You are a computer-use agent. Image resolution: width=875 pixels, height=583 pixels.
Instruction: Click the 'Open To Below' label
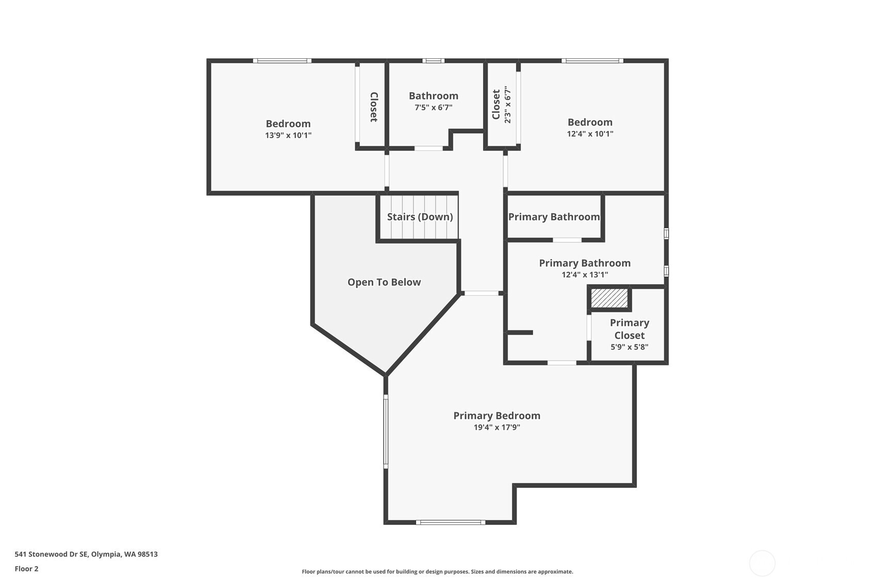click(x=384, y=282)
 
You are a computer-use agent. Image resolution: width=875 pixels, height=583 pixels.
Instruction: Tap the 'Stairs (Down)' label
click(x=420, y=216)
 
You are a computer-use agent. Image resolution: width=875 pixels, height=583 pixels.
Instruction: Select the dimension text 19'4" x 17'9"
click(x=497, y=427)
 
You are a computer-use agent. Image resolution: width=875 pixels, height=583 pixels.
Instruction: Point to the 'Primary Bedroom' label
click(x=497, y=415)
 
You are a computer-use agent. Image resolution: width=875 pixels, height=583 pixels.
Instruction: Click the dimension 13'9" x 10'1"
click(x=288, y=135)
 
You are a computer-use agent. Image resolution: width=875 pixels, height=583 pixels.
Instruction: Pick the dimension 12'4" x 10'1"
click(x=590, y=134)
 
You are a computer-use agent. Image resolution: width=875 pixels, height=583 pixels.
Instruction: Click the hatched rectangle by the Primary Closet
click(x=609, y=298)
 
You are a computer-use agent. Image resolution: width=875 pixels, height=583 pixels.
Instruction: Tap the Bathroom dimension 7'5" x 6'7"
click(x=434, y=107)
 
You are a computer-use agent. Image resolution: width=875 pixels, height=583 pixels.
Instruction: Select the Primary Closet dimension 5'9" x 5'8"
click(x=630, y=347)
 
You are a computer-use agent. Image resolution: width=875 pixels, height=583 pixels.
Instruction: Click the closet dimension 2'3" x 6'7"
click(x=507, y=105)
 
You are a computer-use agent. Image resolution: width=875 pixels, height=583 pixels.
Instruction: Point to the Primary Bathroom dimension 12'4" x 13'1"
click(x=585, y=275)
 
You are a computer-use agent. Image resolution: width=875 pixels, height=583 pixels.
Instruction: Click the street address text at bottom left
click(x=86, y=554)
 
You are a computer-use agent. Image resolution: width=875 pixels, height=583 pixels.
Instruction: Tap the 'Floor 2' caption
click(x=27, y=569)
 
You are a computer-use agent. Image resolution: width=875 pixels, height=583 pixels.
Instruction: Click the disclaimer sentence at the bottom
click(x=437, y=572)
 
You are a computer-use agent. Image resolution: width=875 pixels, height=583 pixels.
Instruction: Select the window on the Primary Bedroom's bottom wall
click(x=451, y=523)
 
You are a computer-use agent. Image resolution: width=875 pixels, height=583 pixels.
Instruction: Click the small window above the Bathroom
click(x=433, y=60)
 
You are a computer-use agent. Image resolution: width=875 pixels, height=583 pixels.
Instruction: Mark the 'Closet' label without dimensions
click(x=374, y=107)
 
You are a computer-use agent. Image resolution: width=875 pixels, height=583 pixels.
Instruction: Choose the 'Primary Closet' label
click(x=630, y=329)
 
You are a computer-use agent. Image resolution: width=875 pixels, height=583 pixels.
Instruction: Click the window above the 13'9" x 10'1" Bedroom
click(x=282, y=60)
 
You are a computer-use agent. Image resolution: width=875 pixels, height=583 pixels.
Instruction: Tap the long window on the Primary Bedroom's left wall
click(x=386, y=431)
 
